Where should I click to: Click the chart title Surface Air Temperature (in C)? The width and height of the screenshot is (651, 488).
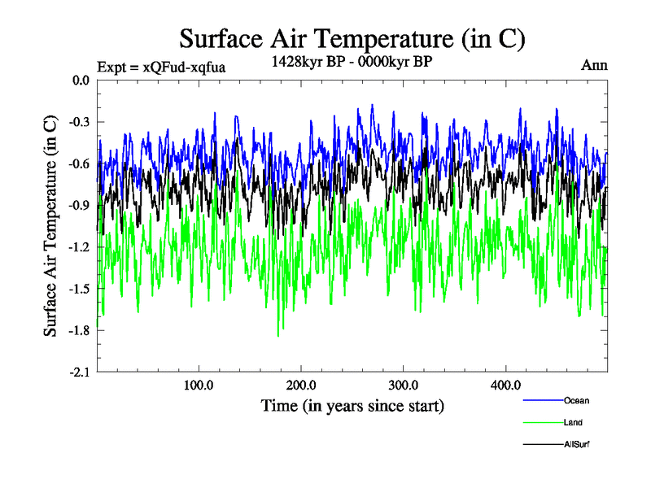pyautogui.click(x=352, y=38)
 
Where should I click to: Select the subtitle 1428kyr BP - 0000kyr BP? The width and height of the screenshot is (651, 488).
pyautogui.click(x=351, y=60)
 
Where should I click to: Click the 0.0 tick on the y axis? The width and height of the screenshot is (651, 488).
pyautogui.click(x=80, y=80)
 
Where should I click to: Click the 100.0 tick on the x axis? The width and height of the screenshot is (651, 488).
pyautogui.click(x=199, y=386)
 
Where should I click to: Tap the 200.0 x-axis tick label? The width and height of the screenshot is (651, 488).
pyautogui.click(x=301, y=386)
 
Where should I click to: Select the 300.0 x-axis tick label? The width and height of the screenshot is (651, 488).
pyautogui.click(x=404, y=386)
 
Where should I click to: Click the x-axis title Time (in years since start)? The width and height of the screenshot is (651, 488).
pyautogui.click(x=352, y=405)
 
